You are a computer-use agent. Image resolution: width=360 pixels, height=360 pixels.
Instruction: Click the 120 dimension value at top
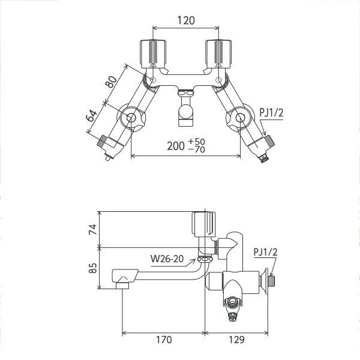(x=186, y=20)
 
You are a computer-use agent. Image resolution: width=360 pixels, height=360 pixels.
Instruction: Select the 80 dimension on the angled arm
(x=111, y=82)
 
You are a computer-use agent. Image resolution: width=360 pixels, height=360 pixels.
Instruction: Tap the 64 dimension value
(x=91, y=116)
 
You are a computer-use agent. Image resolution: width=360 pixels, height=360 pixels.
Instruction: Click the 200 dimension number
(x=176, y=146)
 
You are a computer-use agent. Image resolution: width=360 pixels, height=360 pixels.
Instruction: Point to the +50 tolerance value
(x=197, y=142)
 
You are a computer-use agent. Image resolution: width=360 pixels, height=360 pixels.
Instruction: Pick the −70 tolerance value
(x=197, y=149)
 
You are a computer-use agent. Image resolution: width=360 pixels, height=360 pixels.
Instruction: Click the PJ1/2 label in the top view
(x=271, y=113)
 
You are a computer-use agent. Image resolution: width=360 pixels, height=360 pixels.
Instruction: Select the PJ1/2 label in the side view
(x=266, y=252)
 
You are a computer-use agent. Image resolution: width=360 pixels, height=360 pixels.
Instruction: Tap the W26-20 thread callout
(x=167, y=259)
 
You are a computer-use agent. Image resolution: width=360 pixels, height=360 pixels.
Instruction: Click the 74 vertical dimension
(x=93, y=229)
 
